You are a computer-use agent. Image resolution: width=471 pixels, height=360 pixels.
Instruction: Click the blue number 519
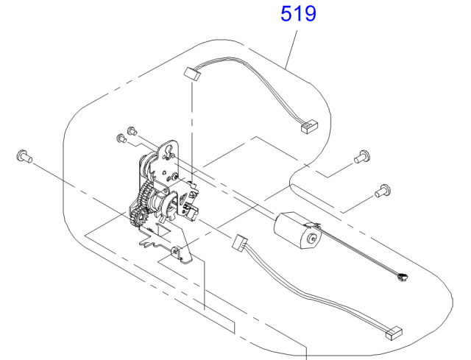[298, 14]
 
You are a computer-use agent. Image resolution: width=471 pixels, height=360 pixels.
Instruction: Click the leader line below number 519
[291, 49]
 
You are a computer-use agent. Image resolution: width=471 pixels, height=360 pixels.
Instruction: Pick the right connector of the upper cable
[309, 127]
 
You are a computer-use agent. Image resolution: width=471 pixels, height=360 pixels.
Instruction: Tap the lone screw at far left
[24, 156]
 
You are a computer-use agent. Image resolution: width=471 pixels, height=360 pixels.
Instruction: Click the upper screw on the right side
[362, 157]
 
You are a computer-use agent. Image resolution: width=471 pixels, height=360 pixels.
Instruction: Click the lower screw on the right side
[383, 191]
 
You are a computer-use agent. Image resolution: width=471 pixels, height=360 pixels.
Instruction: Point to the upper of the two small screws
[132, 131]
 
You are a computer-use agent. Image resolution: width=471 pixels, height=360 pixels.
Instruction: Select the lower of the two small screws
[121, 138]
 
